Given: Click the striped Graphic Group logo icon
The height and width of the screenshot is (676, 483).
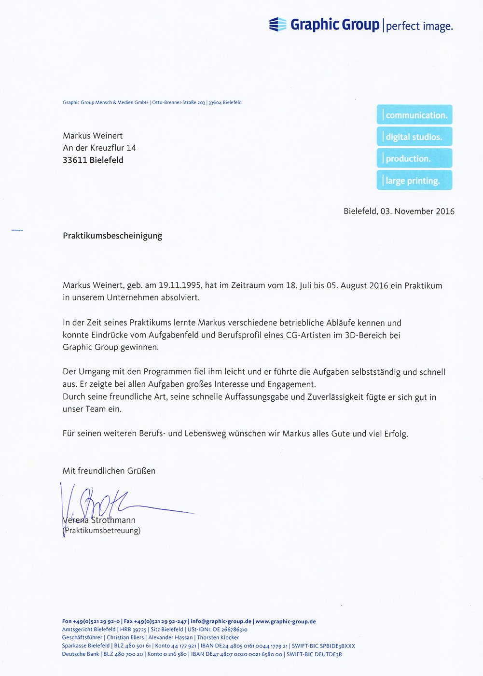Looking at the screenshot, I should [x=278, y=24].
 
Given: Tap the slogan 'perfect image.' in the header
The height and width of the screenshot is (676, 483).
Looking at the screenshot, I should [x=419, y=26].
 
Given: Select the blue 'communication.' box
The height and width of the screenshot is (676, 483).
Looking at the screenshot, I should [x=414, y=115].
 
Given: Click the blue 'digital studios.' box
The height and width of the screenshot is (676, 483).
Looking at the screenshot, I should [x=414, y=137].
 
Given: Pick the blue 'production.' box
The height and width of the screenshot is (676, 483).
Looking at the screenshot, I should [x=414, y=158].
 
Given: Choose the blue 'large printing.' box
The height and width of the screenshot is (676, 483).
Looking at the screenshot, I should [x=414, y=181].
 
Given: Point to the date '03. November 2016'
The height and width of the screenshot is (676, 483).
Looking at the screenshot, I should [x=417, y=211].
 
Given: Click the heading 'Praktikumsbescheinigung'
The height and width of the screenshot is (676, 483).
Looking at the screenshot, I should [x=112, y=236].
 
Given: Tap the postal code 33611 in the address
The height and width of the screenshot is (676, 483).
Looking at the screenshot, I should [x=74, y=160].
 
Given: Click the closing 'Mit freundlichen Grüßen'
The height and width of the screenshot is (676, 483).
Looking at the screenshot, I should [x=109, y=471].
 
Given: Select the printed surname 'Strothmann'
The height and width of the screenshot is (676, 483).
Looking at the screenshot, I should [x=113, y=521].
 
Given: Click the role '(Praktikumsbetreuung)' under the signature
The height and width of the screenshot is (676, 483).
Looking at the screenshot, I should [x=102, y=531].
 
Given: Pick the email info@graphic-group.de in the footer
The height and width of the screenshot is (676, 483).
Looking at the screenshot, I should [x=221, y=621].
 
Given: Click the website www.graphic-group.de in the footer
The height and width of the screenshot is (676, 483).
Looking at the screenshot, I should [x=286, y=621].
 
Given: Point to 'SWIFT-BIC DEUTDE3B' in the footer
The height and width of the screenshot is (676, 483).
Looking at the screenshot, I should [x=314, y=654].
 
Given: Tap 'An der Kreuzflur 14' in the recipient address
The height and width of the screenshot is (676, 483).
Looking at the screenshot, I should [x=99, y=148].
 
